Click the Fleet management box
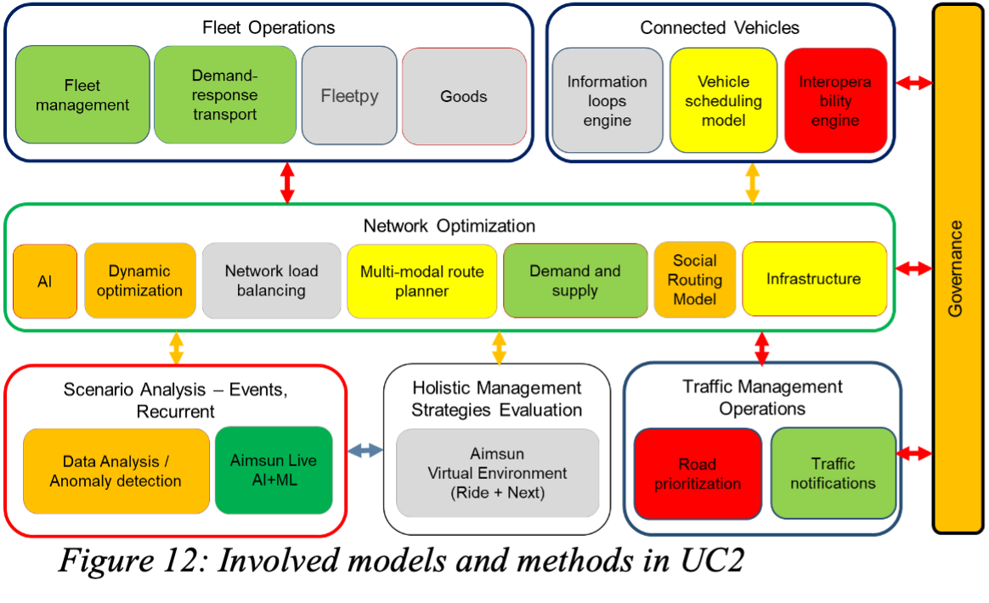[x=82, y=95]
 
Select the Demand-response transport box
[x=225, y=95]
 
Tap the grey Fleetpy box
[x=349, y=95]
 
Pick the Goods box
[x=464, y=96]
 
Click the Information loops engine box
[x=607, y=100]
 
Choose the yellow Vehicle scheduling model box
[x=723, y=100]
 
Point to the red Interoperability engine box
[x=835, y=100]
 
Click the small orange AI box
[x=45, y=281]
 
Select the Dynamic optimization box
[x=139, y=281]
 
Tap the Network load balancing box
[x=272, y=281]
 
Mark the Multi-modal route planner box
[x=422, y=281]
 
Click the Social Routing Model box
[x=695, y=280]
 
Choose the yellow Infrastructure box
[x=814, y=279]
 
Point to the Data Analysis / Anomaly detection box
[x=116, y=471]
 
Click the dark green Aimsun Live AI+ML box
[x=274, y=471]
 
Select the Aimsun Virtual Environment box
[x=498, y=473]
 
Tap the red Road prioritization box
[x=698, y=474]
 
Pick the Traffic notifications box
[x=833, y=473]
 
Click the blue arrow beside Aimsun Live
[x=365, y=450]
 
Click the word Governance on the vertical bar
[x=956, y=268]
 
